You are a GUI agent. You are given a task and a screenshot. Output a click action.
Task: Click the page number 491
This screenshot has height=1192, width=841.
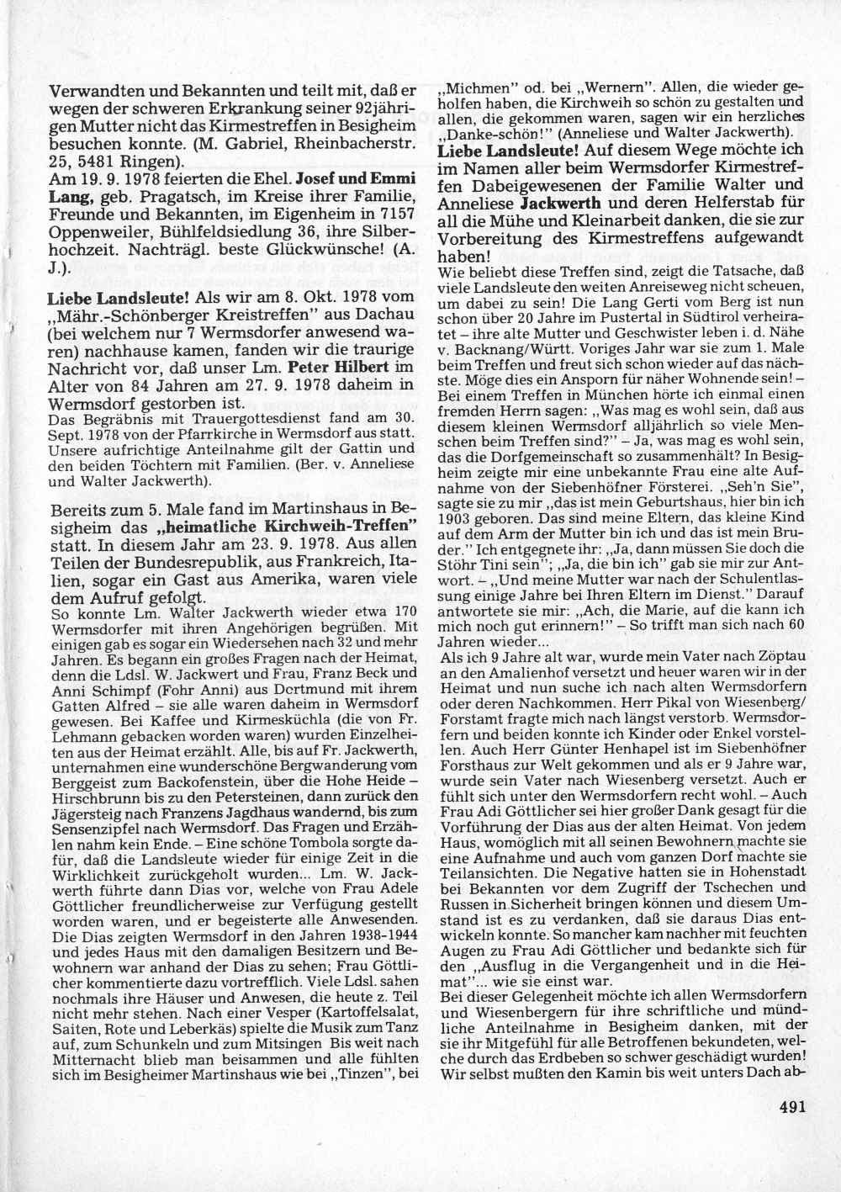pos(789,1108)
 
